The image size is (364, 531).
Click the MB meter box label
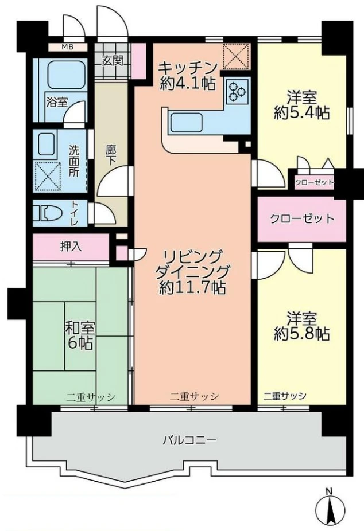(x=67, y=46)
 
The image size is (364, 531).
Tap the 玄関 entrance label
(x=112, y=61)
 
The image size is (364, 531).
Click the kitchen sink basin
(x=186, y=123)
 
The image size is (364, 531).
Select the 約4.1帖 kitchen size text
(x=188, y=83)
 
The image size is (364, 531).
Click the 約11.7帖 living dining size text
(x=192, y=287)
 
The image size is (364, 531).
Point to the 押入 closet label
(x=71, y=247)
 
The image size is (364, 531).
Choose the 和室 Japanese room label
(x=80, y=328)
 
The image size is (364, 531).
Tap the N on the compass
(x=328, y=491)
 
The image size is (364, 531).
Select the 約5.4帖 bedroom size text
(x=301, y=114)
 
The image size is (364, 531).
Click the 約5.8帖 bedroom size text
(x=301, y=334)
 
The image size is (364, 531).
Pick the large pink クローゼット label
(x=302, y=218)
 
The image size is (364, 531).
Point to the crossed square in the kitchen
(x=236, y=57)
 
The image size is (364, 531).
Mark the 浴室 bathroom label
(x=56, y=102)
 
